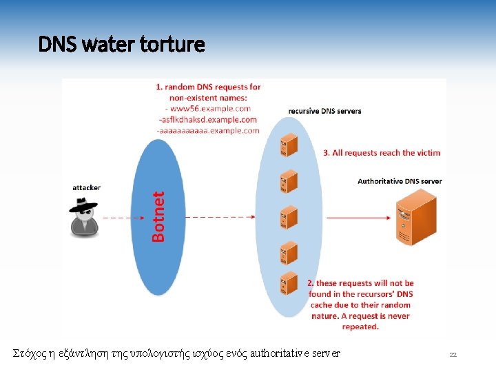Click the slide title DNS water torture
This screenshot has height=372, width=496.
(121, 45)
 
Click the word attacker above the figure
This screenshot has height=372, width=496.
(87, 187)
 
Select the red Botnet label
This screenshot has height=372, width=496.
(158, 216)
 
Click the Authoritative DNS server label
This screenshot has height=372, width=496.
(400, 181)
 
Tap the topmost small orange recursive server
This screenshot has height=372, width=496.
(288, 145)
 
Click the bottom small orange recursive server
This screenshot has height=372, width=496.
(288, 284)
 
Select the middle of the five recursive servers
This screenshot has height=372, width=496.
(288, 216)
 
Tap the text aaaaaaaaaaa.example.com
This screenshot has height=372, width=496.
(208, 130)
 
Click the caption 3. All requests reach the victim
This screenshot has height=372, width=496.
(382, 153)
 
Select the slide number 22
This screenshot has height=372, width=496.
(453, 355)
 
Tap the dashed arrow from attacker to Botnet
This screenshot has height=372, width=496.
(117, 218)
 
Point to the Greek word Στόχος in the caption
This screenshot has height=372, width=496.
(28, 354)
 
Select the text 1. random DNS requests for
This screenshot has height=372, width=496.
(208, 87)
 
